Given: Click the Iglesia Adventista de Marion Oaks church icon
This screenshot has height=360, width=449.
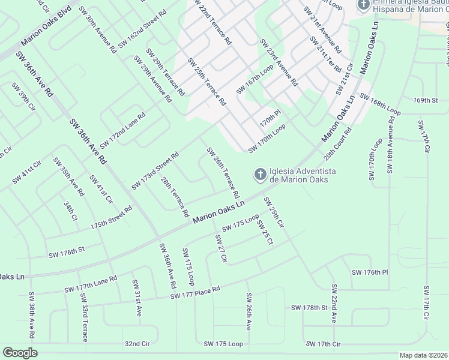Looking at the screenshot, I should pos(260,175).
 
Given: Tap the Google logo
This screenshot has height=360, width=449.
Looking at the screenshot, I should pos(20,353).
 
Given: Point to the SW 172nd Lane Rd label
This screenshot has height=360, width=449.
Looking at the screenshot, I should pos(122,130).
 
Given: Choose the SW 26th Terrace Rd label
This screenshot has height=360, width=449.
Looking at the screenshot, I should pos(223,173).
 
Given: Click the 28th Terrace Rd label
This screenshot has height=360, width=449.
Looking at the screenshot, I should pos(175,196).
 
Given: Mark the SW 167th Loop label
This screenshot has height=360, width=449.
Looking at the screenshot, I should pos(255,79).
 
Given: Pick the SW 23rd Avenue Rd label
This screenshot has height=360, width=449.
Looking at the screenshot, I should pos(279,63).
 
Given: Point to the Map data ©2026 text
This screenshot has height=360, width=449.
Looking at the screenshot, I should pos(423,355).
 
